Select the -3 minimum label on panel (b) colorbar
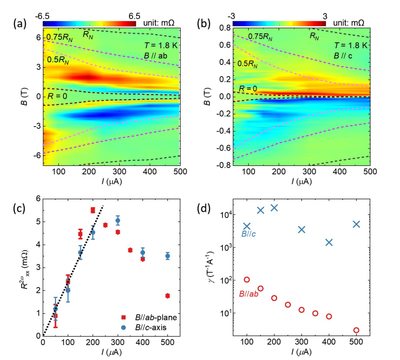pyautogui.click(x=236, y=15)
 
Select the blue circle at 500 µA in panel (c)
pyautogui.click(x=168, y=256)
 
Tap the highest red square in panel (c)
pyautogui.click(x=93, y=210)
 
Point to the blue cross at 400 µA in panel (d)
pyautogui.click(x=329, y=242)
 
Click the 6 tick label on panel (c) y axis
pyautogui.click(x=32, y=199)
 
